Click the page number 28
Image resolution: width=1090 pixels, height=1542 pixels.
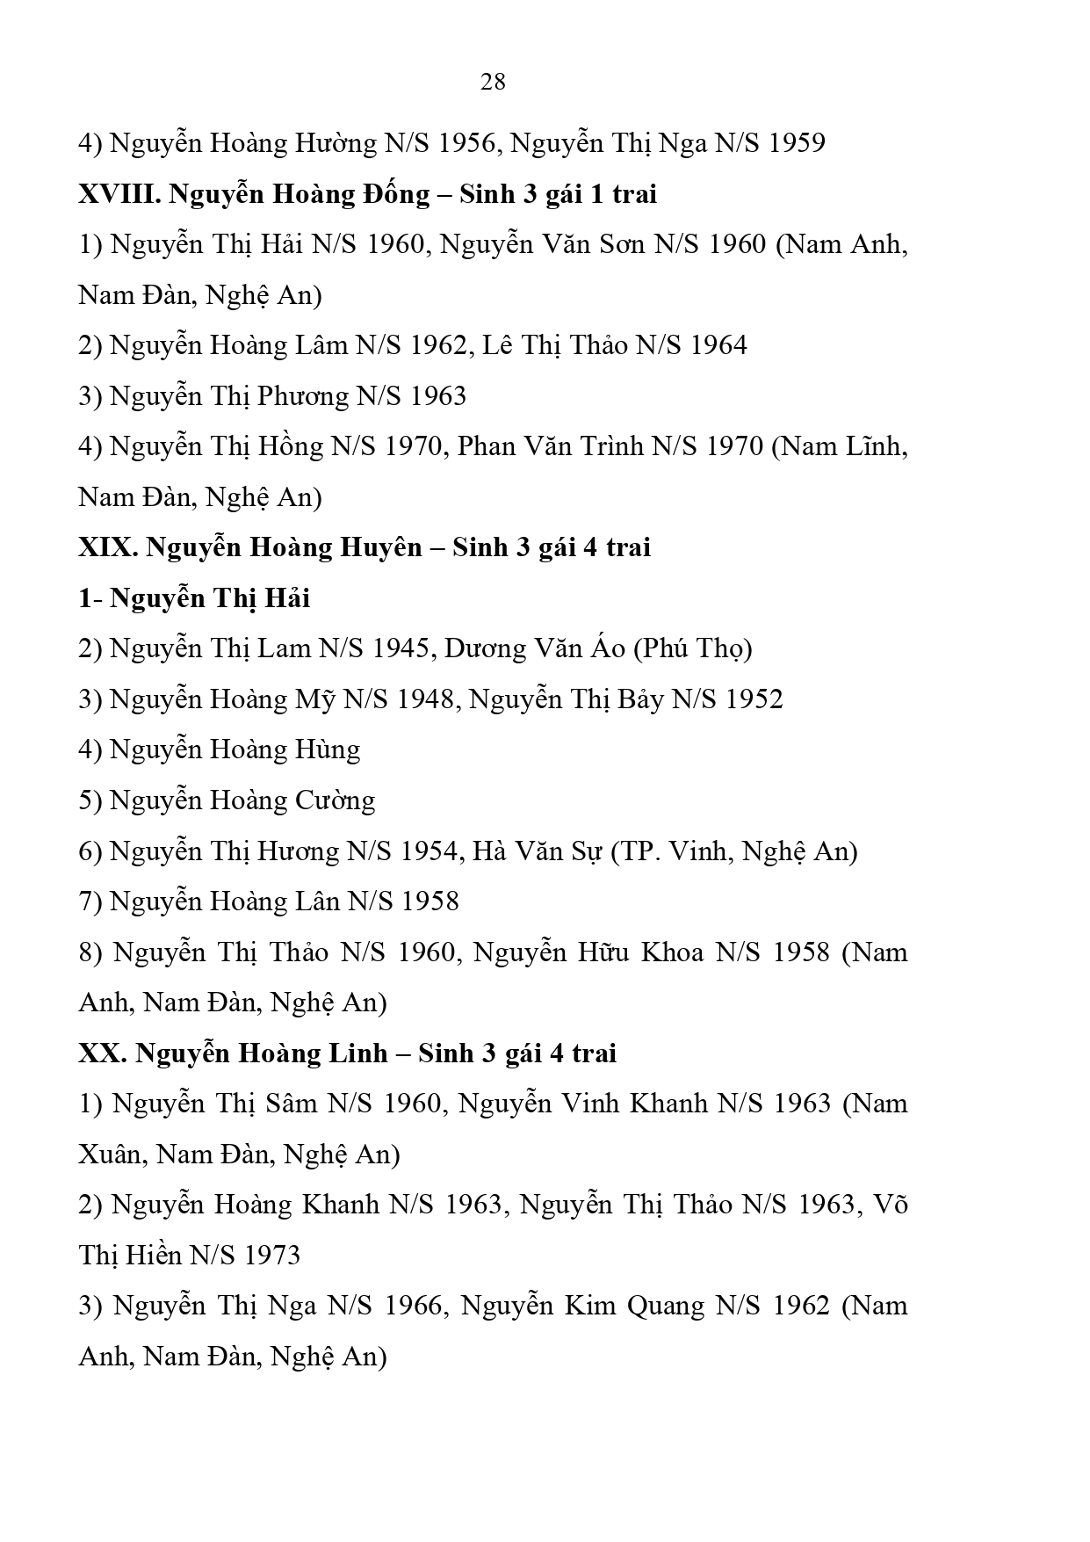[493, 82]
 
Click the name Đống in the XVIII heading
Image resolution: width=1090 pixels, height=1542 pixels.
[384, 194]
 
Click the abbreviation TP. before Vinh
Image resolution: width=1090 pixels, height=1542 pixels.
[639, 851]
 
